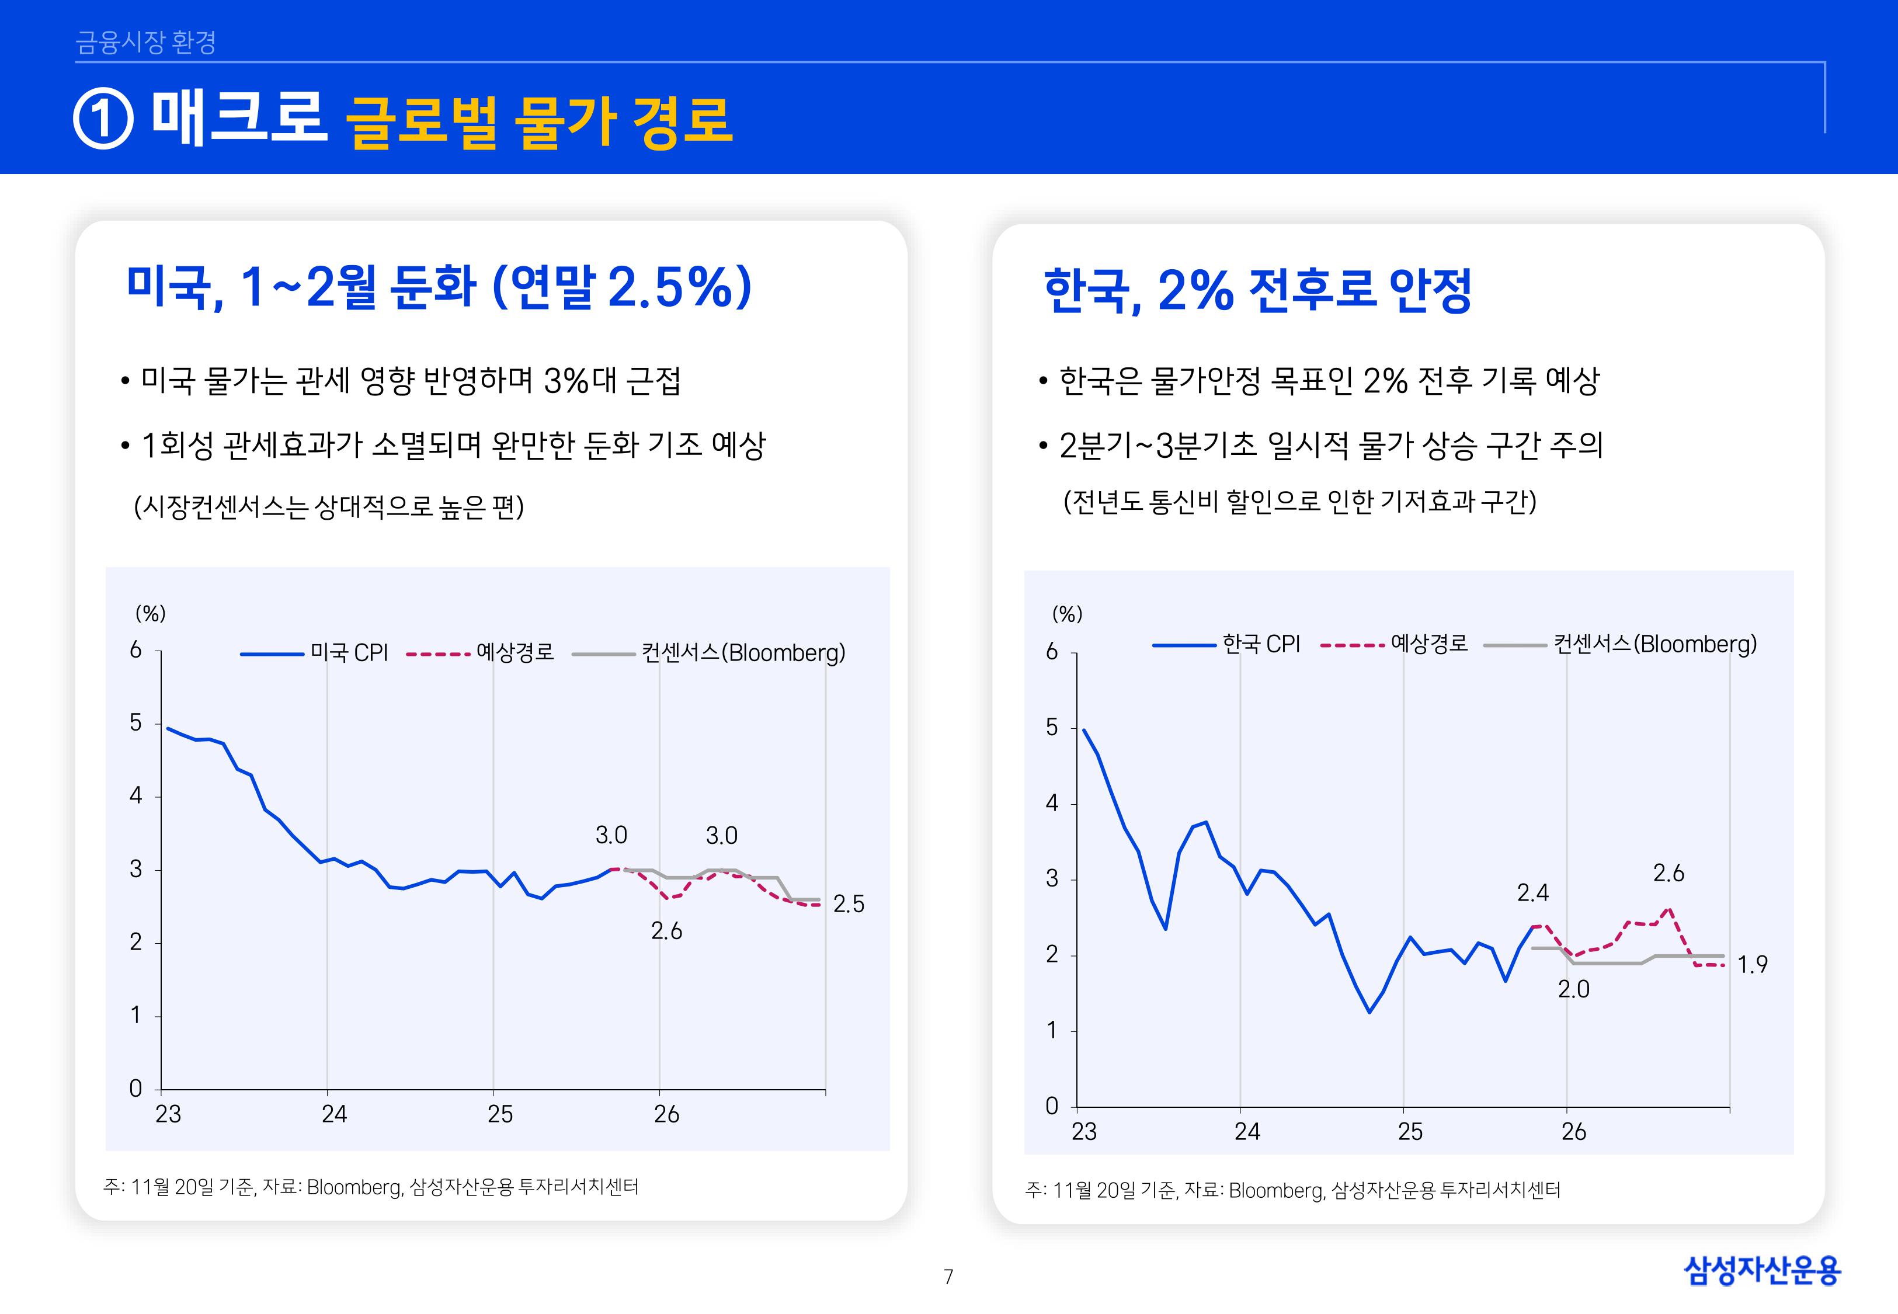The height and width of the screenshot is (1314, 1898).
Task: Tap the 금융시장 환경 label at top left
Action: coord(145,42)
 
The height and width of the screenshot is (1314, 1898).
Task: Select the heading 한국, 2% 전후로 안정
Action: coord(1257,291)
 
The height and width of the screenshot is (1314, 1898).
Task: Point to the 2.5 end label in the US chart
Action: coord(849,904)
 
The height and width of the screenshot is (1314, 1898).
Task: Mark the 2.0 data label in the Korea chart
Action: coord(1573,990)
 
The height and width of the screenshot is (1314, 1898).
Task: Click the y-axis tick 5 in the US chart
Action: coord(136,723)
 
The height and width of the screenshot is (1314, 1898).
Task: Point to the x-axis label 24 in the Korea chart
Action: coord(1247,1132)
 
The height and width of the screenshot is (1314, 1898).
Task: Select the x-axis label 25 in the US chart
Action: coord(499,1115)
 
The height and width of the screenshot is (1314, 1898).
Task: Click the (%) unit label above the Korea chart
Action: coord(1067,614)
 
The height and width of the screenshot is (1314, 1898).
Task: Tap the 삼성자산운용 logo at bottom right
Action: coord(1762,1270)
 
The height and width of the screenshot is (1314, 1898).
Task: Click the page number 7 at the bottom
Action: coord(948,1277)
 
